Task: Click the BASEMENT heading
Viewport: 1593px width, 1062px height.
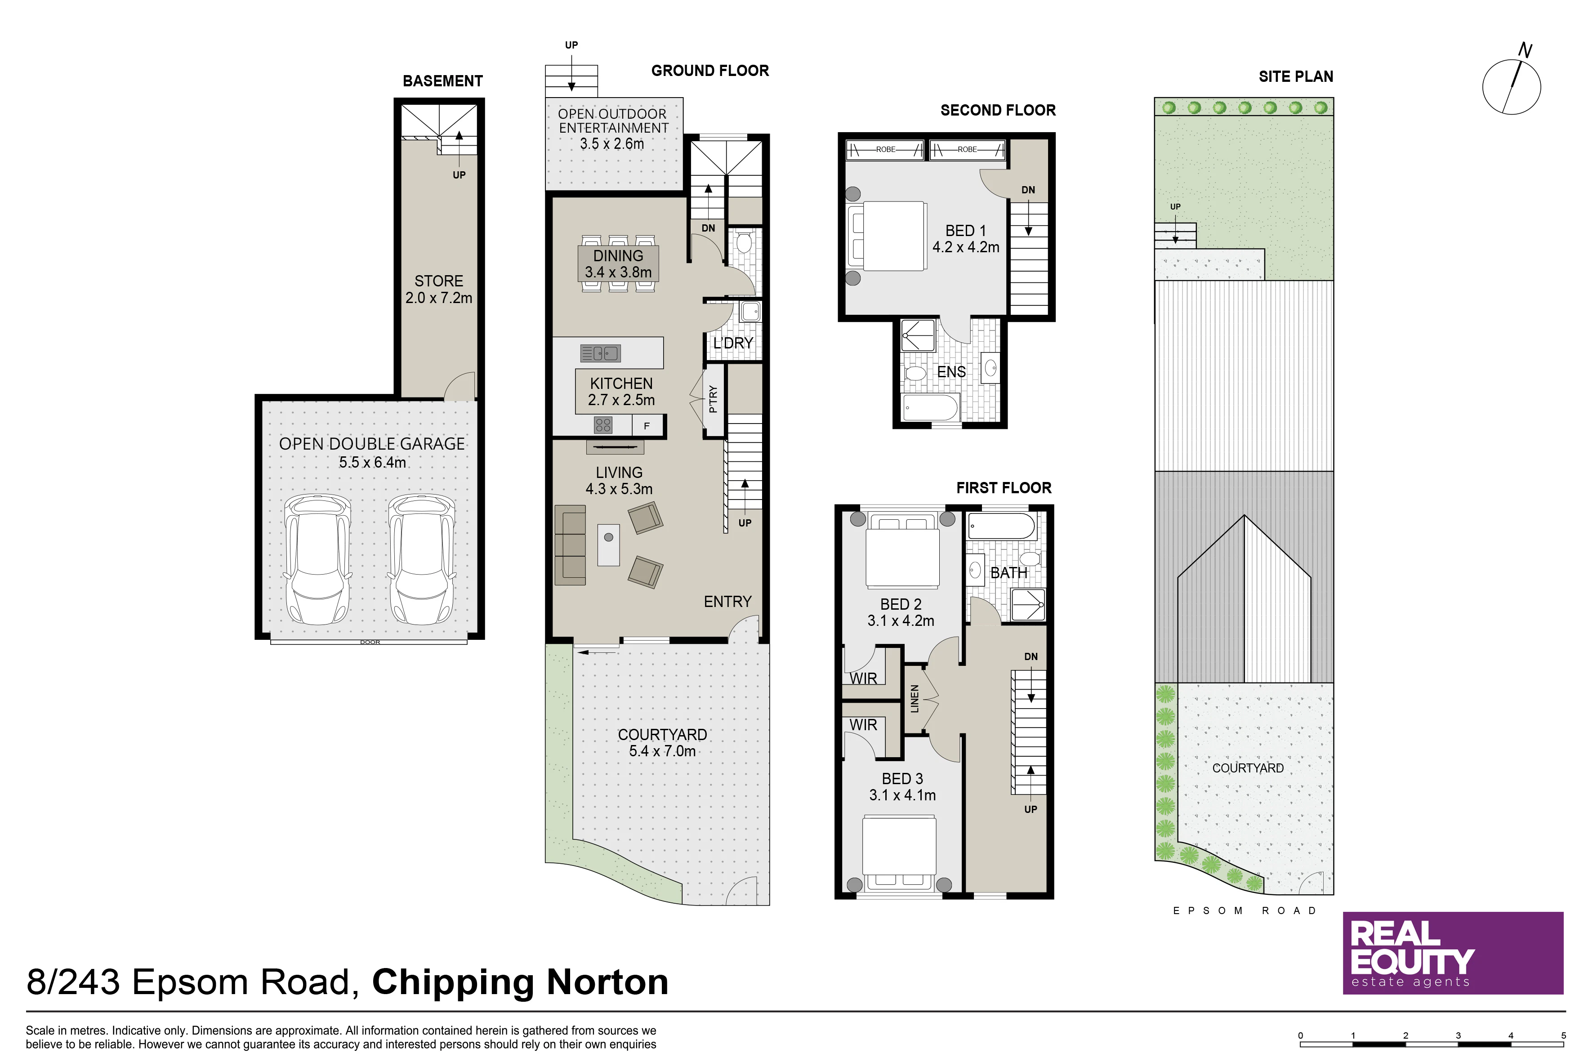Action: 442,81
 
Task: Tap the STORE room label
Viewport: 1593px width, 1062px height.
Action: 439,281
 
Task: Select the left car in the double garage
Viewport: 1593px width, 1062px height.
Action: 317,559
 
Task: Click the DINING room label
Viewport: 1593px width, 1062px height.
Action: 618,256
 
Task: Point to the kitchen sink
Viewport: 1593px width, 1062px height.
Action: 600,353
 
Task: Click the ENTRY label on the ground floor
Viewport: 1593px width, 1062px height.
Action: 727,602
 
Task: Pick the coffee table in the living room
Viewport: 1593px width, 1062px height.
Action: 608,544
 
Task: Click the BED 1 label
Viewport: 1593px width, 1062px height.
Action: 965,231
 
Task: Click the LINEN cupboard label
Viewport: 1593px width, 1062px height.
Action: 915,698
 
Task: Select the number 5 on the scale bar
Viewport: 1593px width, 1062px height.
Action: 1564,1035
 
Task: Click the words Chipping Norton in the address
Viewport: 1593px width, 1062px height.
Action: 520,982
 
